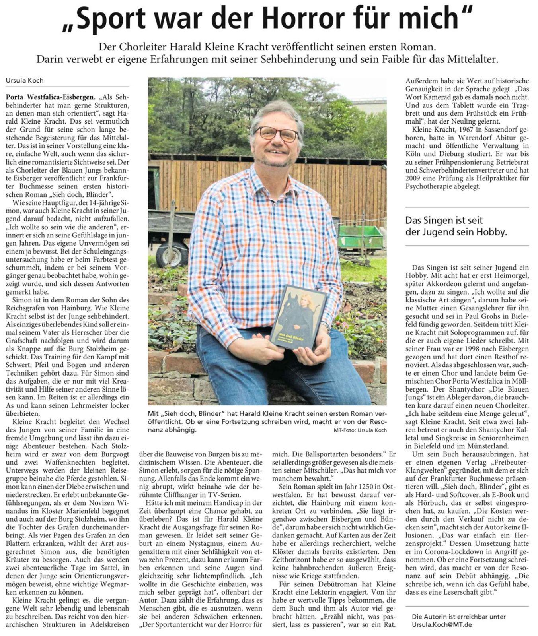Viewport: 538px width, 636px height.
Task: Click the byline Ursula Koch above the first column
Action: pos(25,80)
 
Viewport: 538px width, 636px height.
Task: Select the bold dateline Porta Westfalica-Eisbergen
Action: pos(51,97)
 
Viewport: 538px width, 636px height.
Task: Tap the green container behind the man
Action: pos(360,237)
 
